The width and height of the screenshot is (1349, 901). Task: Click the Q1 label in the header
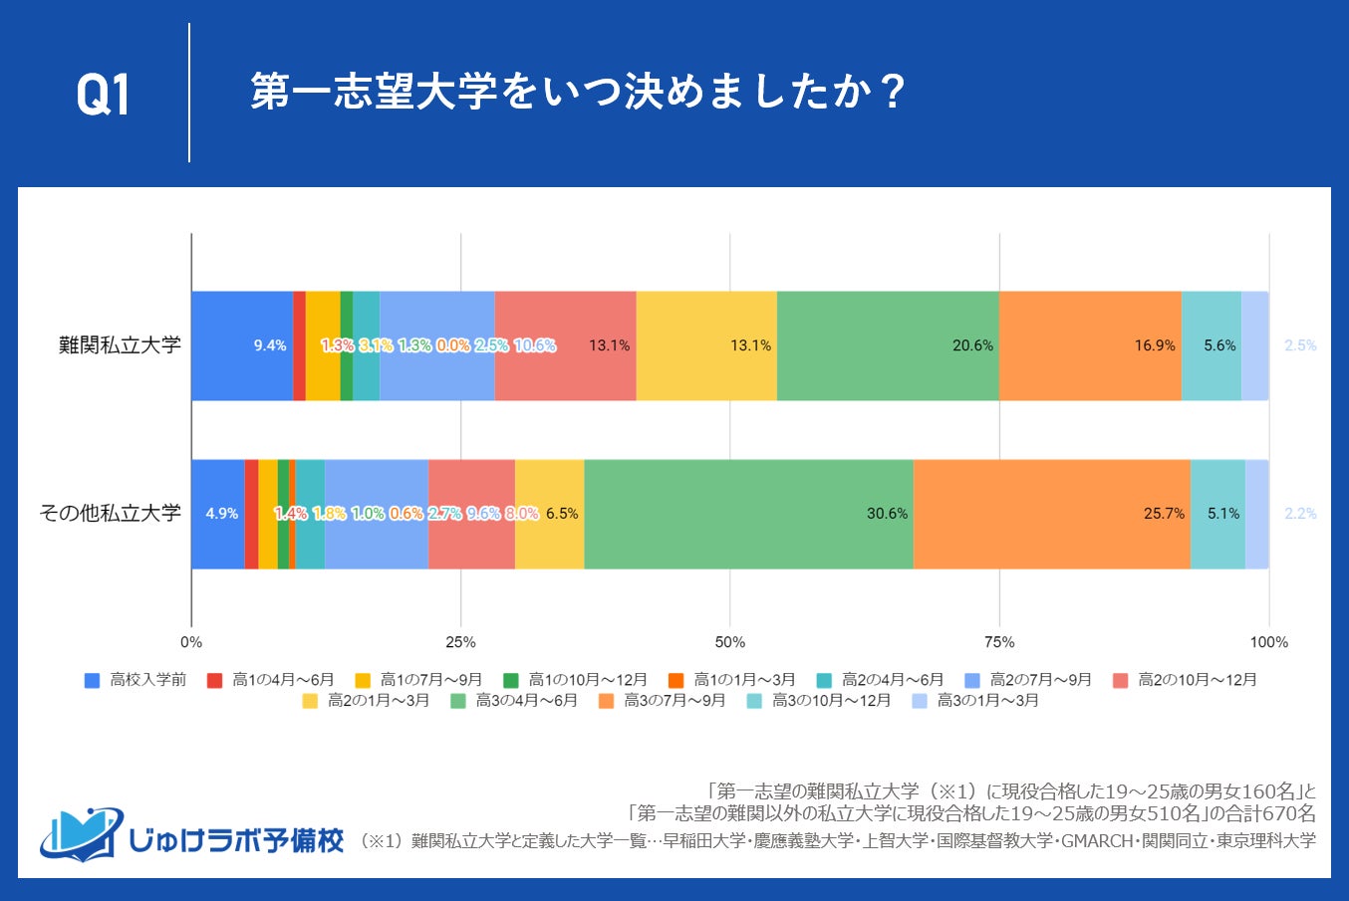(x=103, y=96)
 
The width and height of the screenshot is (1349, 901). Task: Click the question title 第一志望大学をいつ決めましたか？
(x=577, y=93)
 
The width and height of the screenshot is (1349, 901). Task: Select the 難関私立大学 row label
(x=120, y=345)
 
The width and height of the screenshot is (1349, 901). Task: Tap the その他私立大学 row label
(x=110, y=514)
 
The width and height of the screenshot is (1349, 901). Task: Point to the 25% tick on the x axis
(x=460, y=642)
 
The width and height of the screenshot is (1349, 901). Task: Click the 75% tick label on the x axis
(x=999, y=642)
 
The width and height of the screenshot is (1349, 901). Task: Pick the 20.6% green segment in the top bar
(x=887, y=345)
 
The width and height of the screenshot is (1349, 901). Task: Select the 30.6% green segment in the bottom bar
(x=748, y=514)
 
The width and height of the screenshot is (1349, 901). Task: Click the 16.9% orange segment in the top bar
(x=1089, y=345)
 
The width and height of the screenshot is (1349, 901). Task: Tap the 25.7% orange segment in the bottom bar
(x=1051, y=514)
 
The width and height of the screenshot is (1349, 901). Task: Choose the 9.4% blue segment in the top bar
(x=241, y=345)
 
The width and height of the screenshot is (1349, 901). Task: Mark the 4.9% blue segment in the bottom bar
(x=217, y=514)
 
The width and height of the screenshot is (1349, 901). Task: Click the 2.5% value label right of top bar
(x=1300, y=345)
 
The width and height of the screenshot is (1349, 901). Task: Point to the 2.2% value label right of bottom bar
(x=1300, y=514)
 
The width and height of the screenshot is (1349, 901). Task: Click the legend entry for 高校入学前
(x=136, y=680)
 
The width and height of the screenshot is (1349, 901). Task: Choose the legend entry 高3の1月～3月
(x=976, y=701)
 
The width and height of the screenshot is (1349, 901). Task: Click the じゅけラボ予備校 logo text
(x=235, y=839)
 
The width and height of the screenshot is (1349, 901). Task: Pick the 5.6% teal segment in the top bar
(x=1212, y=345)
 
